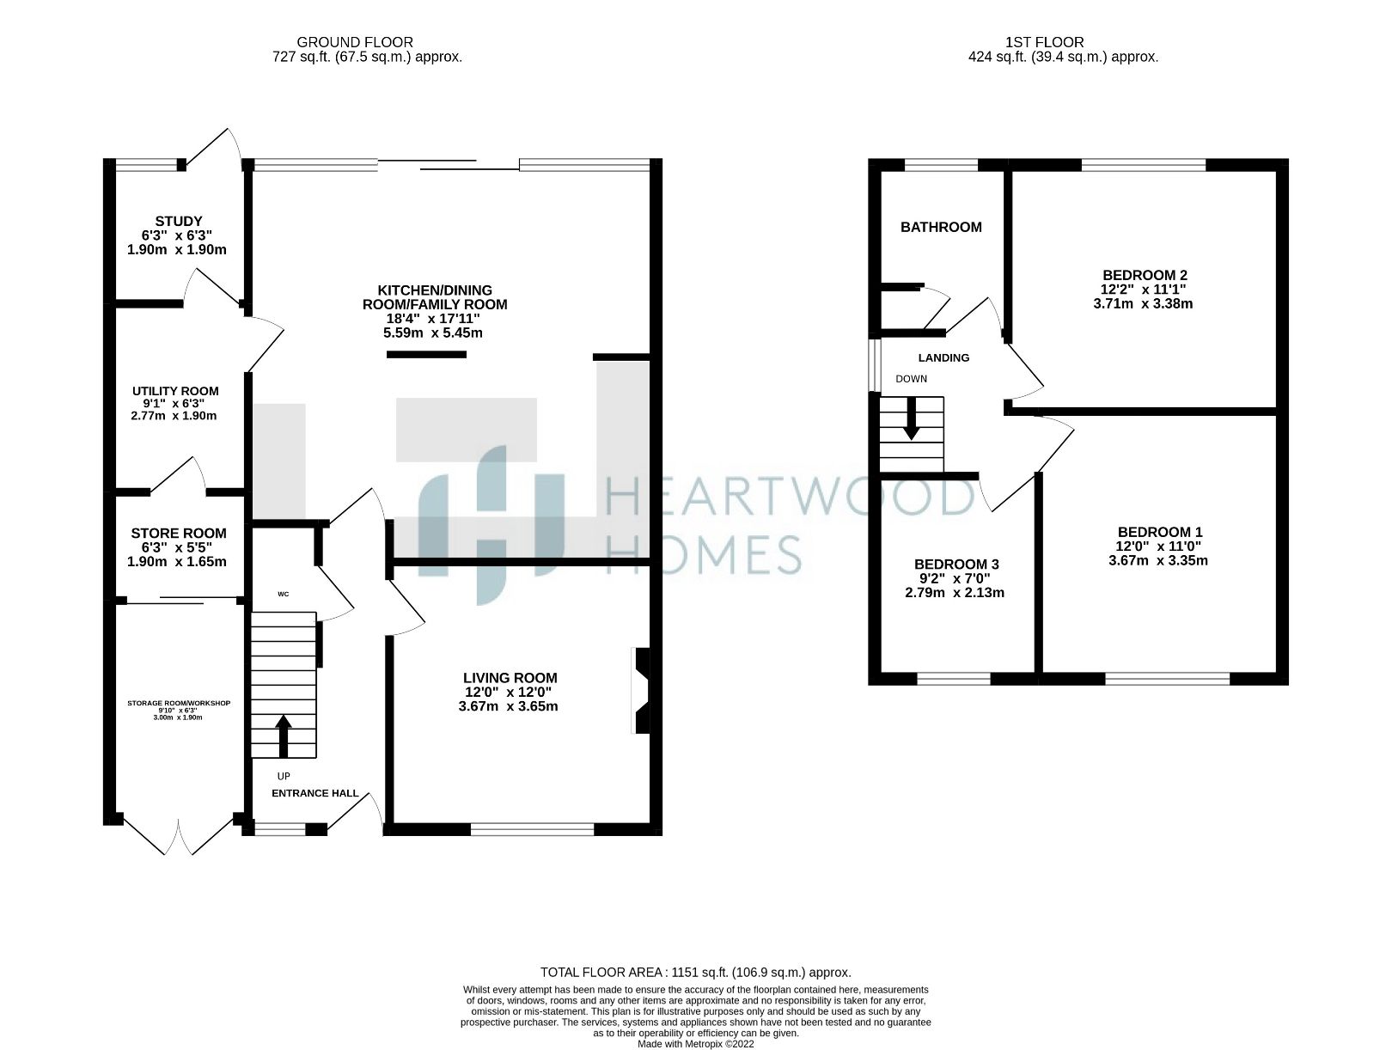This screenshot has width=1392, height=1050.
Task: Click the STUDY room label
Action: click(x=179, y=221)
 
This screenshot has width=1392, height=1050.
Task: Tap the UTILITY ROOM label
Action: click(x=175, y=391)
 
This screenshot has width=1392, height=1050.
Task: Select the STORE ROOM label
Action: click(x=179, y=534)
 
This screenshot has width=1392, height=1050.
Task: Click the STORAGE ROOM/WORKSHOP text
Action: click(x=179, y=703)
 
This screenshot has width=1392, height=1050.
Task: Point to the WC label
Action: click(x=283, y=594)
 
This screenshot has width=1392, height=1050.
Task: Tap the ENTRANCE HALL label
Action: click(x=315, y=793)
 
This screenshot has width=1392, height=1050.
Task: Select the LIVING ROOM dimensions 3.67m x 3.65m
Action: click(x=509, y=706)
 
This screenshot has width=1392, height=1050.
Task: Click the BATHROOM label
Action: click(x=941, y=227)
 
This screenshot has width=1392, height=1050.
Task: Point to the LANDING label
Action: click(x=943, y=357)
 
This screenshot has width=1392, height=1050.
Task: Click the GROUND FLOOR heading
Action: click(x=355, y=42)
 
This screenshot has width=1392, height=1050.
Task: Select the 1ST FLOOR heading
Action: click(x=1044, y=42)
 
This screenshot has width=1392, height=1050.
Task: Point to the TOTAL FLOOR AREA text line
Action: click(x=695, y=973)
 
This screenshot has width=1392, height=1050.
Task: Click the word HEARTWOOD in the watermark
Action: click(x=791, y=498)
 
